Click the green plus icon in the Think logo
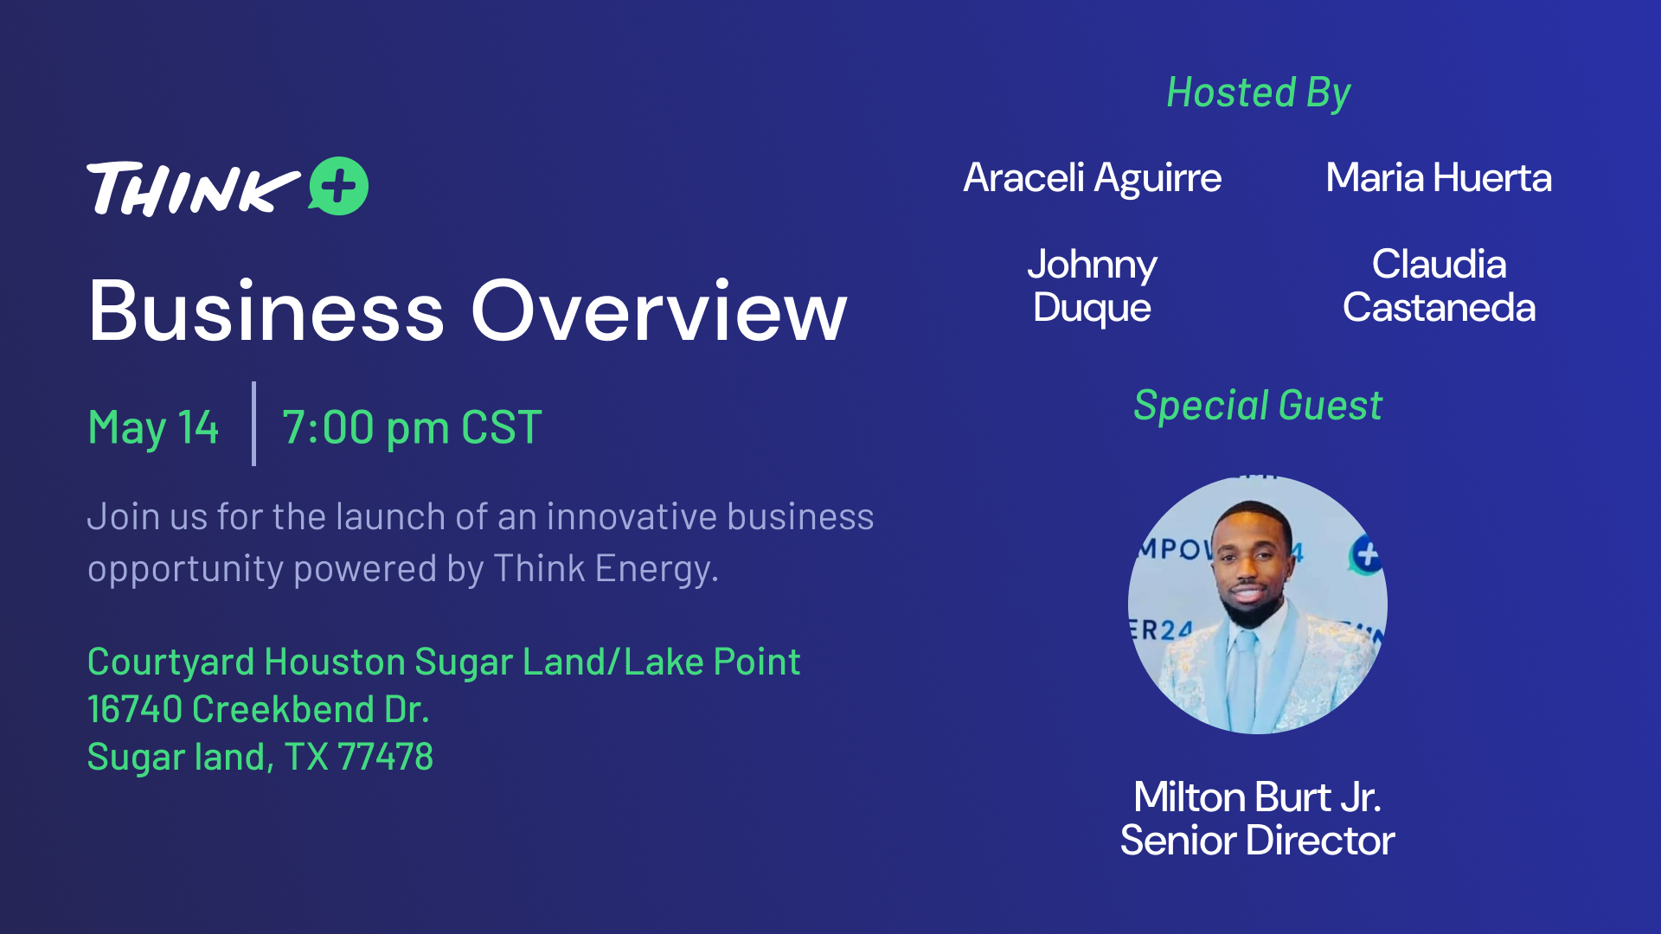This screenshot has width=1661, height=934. pos(339,186)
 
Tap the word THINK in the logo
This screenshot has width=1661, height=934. pos(193,188)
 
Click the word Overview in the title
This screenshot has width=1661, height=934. pos(659,311)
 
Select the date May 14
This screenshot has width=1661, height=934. pos(153,427)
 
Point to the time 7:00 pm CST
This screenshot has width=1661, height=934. pos(412,427)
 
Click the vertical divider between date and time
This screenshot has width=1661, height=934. pos(253,424)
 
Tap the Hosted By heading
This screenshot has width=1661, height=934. pos(1259,93)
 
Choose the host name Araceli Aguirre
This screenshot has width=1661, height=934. pos(1093,178)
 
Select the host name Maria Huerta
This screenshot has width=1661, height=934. pos(1439,177)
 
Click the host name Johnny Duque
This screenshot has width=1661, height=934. pos(1093,285)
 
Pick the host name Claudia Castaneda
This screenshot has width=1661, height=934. pos(1439,285)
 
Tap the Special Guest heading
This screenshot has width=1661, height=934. pos(1258,406)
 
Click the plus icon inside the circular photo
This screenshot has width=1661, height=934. pos(1367,554)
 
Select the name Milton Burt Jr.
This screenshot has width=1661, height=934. pos(1257,796)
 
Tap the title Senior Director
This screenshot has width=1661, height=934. pos(1257,840)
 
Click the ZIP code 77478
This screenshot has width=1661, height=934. pos(385,757)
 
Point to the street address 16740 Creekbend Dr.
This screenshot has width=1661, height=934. pos(258,709)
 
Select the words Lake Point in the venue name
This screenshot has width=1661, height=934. pos(712,662)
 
